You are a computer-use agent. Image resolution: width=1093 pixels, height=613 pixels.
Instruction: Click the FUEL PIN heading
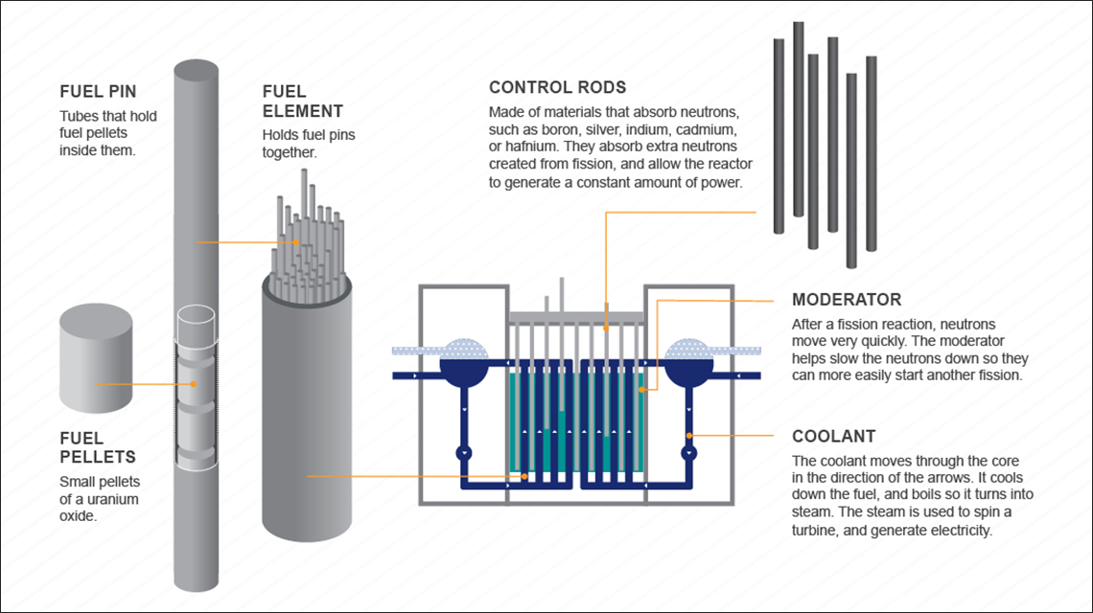tap(98, 92)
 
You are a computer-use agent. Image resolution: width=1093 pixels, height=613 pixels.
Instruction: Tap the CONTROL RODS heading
tap(557, 88)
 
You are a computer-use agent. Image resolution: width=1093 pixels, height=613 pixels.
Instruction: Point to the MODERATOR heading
tap(847, 300)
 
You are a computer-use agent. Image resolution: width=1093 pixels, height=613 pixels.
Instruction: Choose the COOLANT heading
tap(833, 437)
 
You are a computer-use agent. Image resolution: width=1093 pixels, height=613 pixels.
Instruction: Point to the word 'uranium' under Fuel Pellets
tap(114, 499)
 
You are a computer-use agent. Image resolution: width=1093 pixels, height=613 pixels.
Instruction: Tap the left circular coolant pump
tap(464, 451)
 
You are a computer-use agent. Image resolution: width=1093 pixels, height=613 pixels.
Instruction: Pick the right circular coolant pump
tap(687, 451)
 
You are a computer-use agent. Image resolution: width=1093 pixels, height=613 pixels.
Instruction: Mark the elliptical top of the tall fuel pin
tap(196, 70)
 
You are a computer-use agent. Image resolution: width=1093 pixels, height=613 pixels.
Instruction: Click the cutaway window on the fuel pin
tap(196, 388)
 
